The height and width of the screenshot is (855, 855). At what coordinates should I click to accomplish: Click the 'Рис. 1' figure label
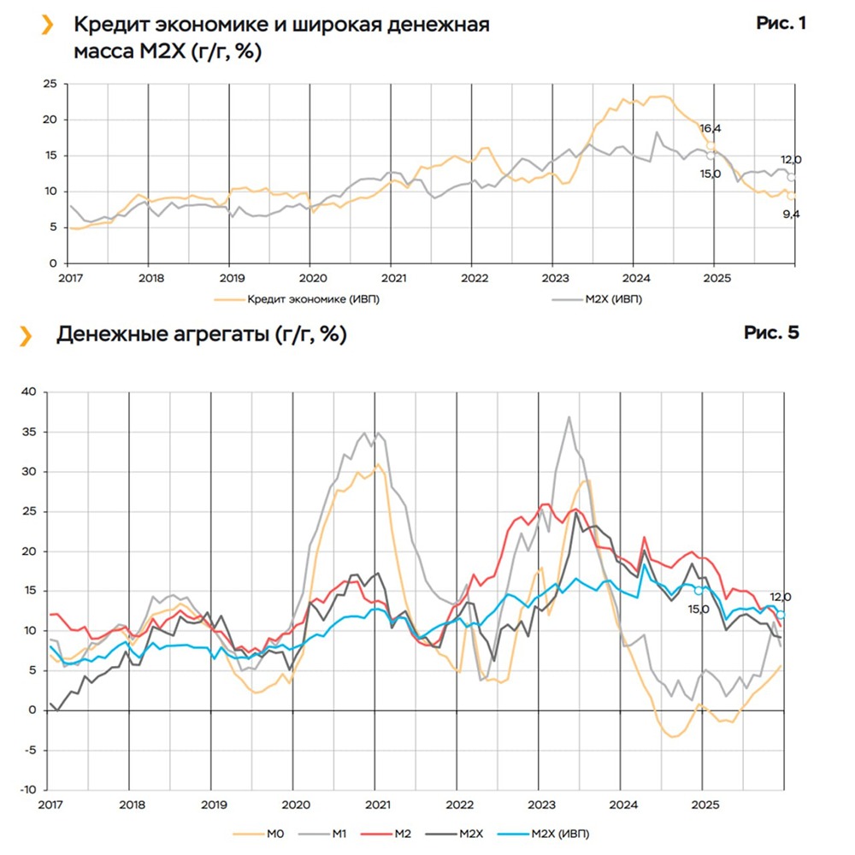[781, 24]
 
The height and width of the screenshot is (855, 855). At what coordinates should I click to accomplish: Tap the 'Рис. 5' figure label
[771, 333]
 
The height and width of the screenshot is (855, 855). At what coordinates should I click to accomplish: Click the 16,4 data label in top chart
[711, 128]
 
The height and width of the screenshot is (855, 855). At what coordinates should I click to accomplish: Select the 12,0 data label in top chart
[790, 160]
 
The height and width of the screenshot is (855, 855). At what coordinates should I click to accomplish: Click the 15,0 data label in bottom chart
[699, 610]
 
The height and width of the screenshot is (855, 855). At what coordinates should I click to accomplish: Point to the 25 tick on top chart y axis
[50, 84]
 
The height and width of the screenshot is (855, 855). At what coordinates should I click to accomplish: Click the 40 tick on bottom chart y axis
[32, 392]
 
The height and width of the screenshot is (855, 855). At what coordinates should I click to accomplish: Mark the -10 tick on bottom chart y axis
[29, 789]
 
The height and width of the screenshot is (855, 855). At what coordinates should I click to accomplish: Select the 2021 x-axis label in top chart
[392, 279]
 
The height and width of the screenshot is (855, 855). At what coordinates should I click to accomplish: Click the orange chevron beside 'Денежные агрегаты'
[27, 334]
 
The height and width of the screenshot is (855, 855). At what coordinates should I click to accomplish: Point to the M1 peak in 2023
[569, 417]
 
